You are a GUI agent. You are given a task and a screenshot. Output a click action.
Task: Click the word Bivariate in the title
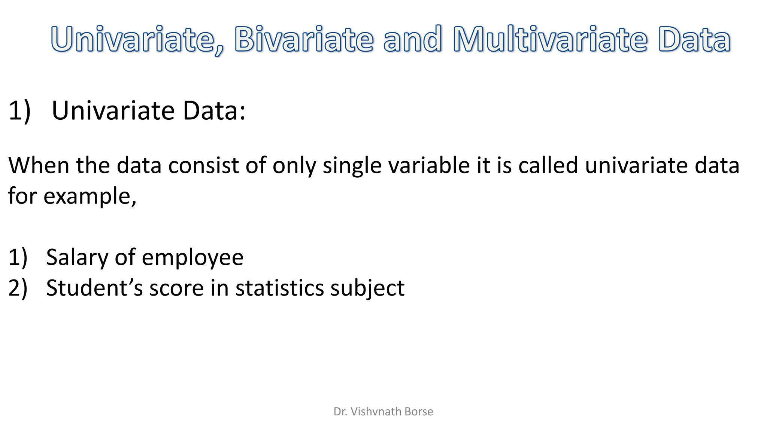coord(304,39)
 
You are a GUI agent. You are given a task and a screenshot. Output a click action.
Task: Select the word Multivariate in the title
coord(550,39)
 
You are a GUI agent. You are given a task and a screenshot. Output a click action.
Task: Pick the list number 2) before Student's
coord(18,288)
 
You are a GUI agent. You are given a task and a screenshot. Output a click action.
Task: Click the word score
coord(176,288)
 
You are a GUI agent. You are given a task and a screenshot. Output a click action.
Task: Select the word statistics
coord(279,288)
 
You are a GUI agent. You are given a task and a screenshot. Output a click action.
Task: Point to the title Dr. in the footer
coord(340,412)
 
